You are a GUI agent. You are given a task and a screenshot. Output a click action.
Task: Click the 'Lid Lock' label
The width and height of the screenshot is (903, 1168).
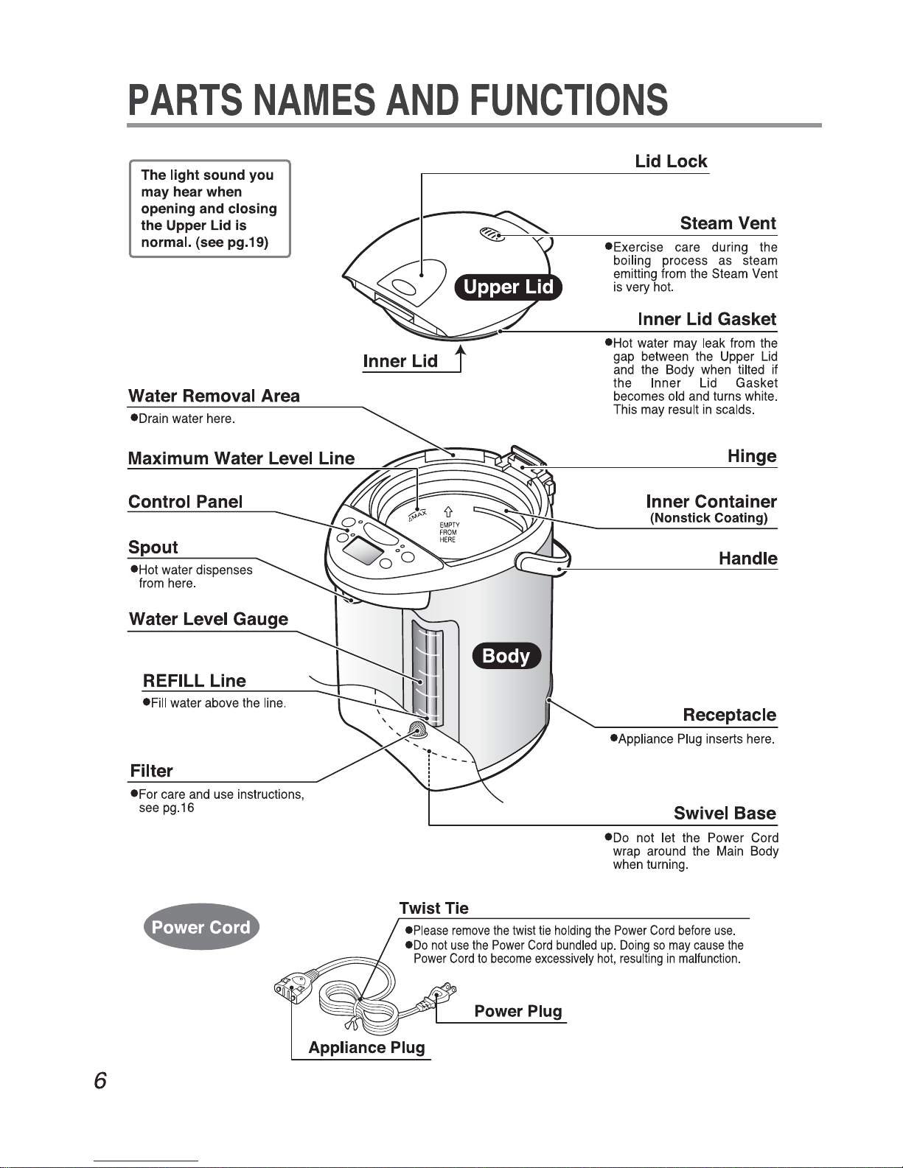[671, 161]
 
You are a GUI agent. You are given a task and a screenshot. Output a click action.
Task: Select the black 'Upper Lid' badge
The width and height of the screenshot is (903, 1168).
[509, 287]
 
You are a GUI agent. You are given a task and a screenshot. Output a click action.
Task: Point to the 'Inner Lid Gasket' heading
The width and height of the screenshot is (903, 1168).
[707, 319]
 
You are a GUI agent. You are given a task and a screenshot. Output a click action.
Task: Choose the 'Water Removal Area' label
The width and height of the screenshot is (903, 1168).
[214, 396]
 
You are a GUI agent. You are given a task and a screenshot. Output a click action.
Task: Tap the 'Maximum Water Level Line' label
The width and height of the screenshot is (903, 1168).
[241, 458]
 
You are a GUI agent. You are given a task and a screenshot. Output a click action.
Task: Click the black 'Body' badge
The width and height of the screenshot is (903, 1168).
[506, 656]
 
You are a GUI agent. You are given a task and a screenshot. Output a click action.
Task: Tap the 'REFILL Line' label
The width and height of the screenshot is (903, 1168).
[195, 681]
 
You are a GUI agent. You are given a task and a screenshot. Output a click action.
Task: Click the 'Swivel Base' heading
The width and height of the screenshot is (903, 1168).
[725, 814]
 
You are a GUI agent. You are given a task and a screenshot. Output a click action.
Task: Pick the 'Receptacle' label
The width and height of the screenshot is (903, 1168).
[729, 715]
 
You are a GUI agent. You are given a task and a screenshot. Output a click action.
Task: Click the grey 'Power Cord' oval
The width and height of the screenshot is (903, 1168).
[201, 927]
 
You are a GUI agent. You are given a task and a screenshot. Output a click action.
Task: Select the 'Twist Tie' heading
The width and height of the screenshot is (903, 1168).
[433, 909]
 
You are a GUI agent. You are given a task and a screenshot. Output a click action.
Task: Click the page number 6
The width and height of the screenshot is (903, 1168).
[100, 1080]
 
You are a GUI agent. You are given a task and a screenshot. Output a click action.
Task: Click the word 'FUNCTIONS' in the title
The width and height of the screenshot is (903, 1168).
[568, 100]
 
